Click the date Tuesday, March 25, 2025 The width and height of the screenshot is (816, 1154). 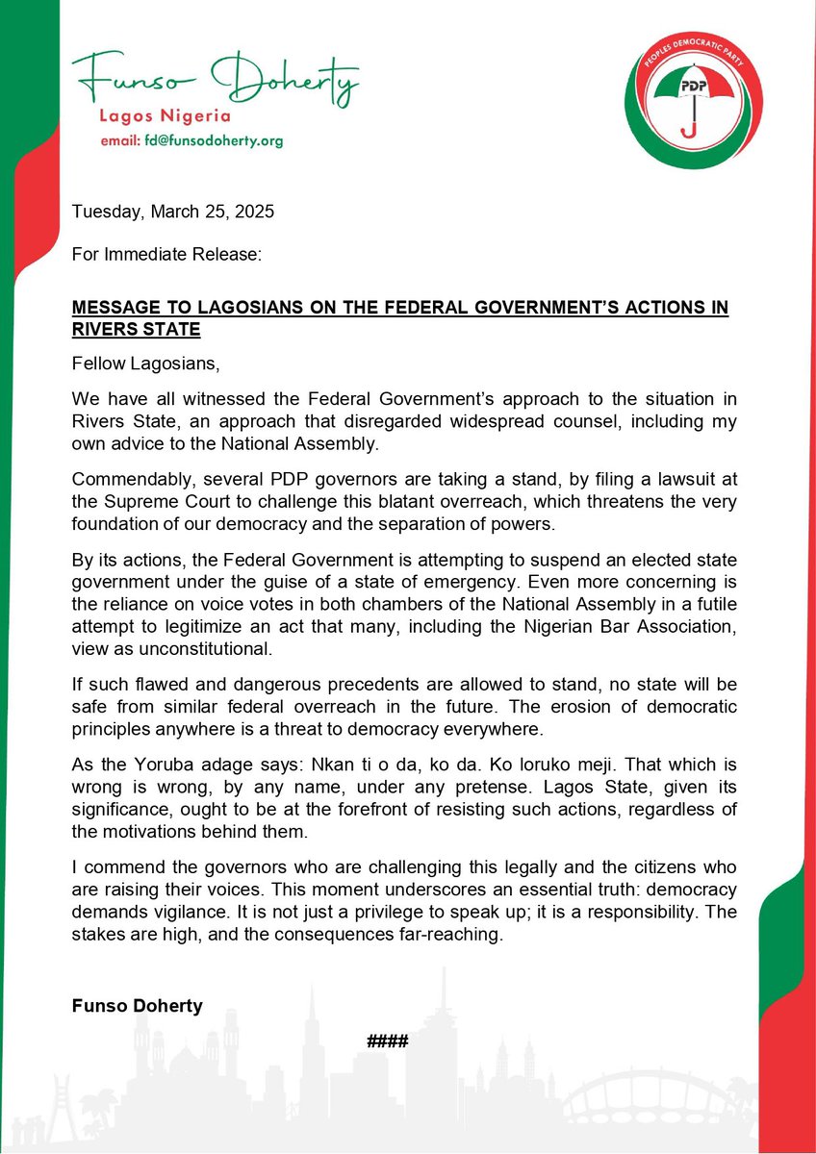click(173, 213)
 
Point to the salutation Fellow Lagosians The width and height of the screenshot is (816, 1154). click(139, 363)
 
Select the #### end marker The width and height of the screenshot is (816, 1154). click(389, 1041)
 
